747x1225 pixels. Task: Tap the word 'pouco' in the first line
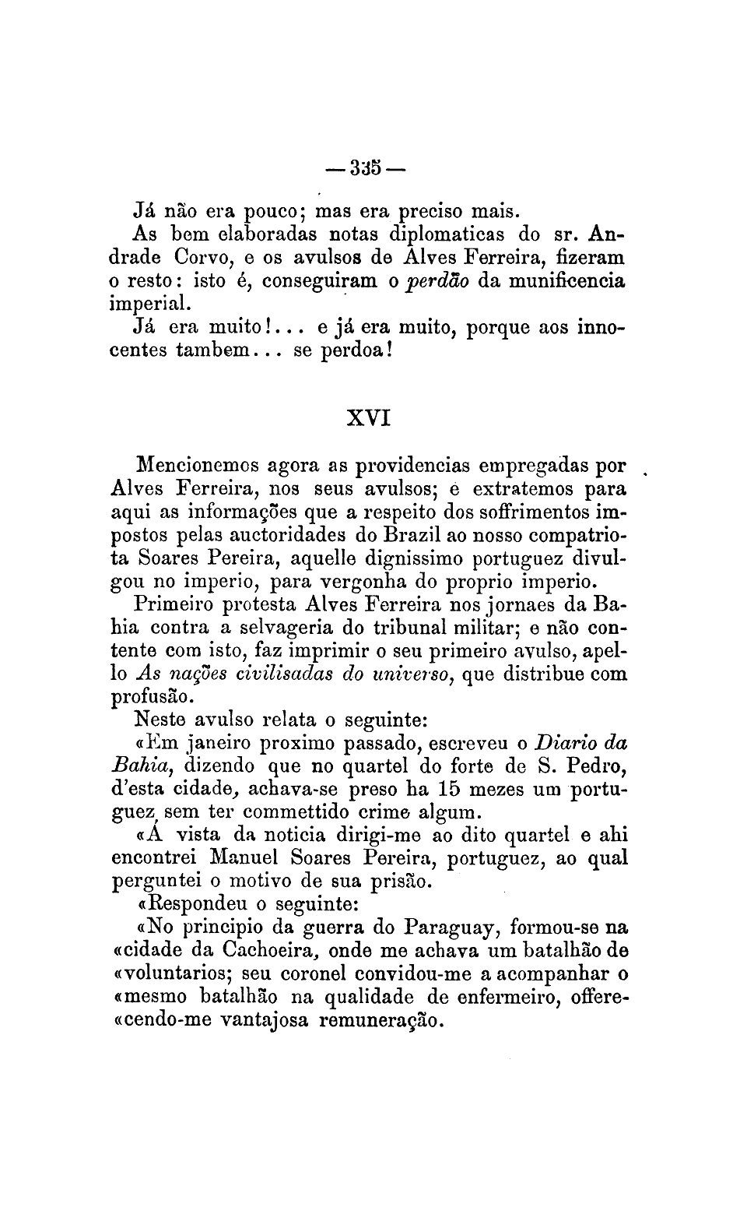coord(268,211)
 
